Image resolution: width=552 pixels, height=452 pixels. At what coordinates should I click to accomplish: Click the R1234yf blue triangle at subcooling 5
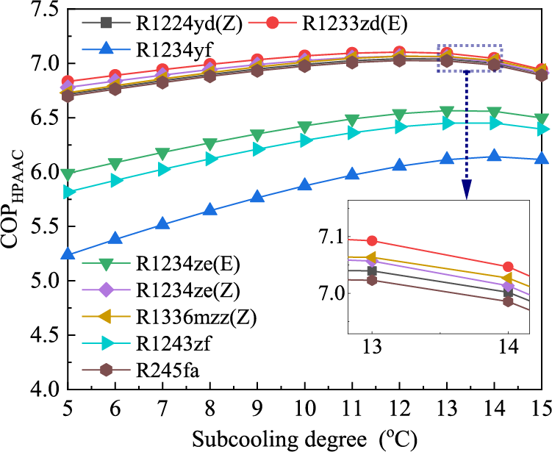tap(68, 254)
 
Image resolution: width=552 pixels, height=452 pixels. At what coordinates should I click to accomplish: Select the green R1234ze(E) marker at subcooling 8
tap(210, 144)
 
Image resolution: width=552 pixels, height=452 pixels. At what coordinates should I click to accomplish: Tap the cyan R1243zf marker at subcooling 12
tap(399, 126)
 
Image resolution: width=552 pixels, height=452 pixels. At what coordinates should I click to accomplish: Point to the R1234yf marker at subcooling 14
tap(494, 156)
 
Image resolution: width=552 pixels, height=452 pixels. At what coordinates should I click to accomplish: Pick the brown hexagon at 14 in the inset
tap(508, 301)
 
